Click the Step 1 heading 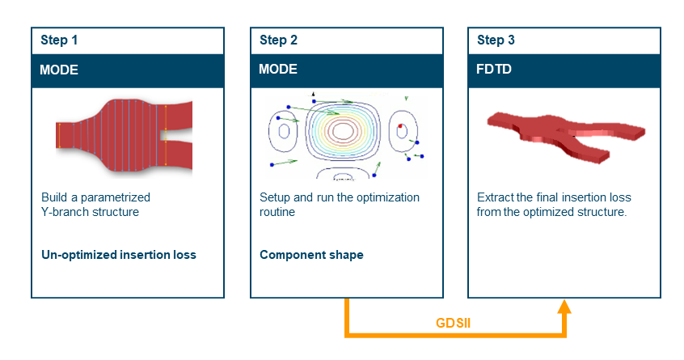click(59, 40)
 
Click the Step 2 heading click(278, 40)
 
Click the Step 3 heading click(496, 40)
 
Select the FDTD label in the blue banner click(493, 69)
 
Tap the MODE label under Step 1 click(59, 70)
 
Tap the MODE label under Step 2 click(278, 69)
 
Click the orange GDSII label click(453, 323)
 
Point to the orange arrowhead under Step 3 click(564, 307)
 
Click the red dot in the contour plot click(400, 126)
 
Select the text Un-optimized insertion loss click(119, 254)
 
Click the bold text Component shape click(311, 254)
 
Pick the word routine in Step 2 click(277, 212)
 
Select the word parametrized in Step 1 click(115, 197)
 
